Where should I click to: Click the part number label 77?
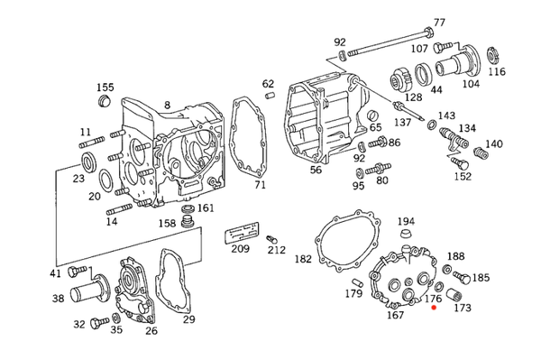point(439,23)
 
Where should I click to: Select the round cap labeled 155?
point(104,100)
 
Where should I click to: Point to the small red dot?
point(434,307)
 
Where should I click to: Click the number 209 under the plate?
point(240,248)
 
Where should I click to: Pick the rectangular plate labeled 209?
point(242,232)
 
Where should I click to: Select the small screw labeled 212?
point(270,239)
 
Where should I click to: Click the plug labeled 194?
point(406,233)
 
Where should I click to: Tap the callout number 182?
point(303,259)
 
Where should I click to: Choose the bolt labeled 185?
point(461,277)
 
